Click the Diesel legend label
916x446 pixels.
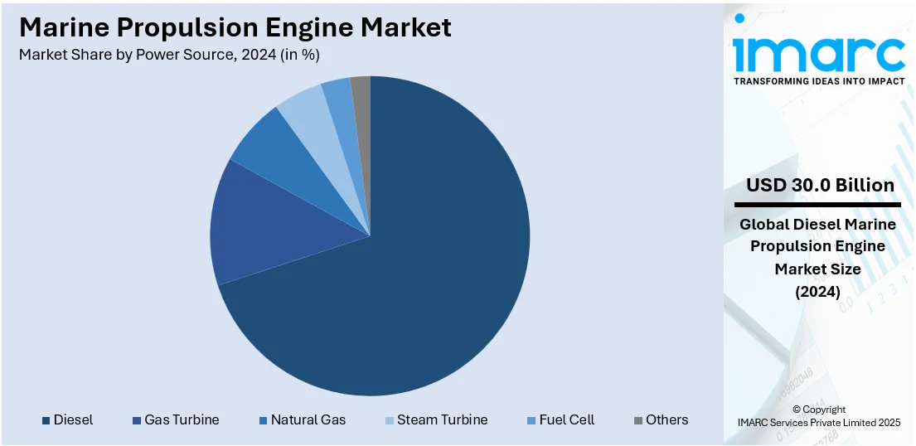(x=73, y=419)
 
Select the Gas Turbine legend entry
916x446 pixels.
(x=182, y=419)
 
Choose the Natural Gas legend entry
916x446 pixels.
(x=308, y=419)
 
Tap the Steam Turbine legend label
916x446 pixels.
(x=442, y=419)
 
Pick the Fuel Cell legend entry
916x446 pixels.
(x=566, y=419)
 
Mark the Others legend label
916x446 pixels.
(x=666, y=419)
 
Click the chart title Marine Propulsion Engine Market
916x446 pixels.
(x=235, y=27)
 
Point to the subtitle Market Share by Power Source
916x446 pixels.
(x=169, y=55)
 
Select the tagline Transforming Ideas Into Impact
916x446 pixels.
(x=818, y=81)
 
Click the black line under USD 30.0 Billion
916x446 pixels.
(x=817, y=204)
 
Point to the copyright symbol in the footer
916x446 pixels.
(x=797, y=410)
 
